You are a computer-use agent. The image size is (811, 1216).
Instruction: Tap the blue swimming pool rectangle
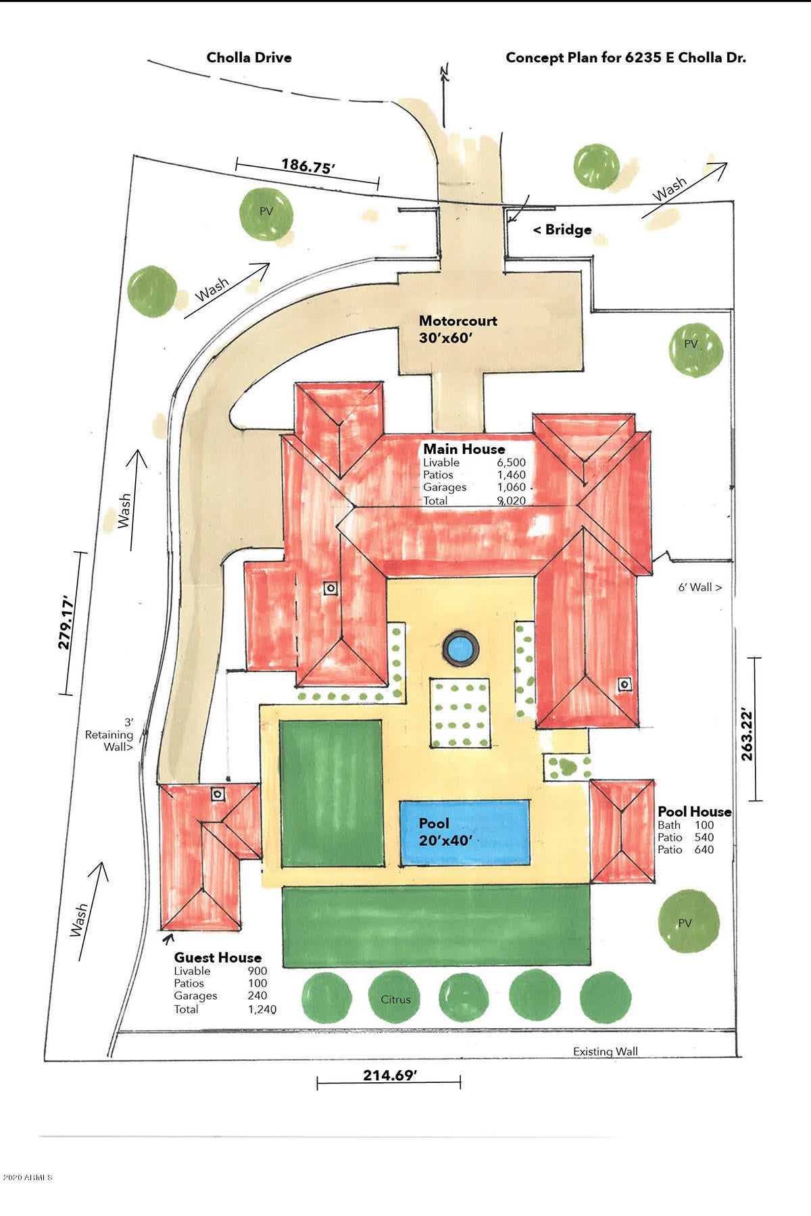coord(464,832)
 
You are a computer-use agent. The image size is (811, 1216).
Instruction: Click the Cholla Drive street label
coord(249,57)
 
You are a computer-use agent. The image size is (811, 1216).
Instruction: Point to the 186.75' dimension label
coord(308,166)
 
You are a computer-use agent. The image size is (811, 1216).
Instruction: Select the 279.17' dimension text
coord(65,622)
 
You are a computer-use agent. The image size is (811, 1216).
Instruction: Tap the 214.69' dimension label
coord(389,1075)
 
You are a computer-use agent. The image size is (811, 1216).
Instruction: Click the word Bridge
coord(568,230)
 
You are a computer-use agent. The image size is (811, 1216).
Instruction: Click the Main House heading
coord(464,449)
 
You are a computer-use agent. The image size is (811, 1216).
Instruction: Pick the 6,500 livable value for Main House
coord(511,463)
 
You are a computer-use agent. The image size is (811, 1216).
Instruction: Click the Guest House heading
coord(218,957)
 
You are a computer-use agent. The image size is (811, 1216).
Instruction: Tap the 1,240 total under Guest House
coord(262,1009)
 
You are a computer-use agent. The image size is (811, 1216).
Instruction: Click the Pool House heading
coord(695,811)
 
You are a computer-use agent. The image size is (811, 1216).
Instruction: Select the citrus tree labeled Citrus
coord(396,996)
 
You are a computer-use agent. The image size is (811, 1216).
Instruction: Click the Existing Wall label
coord(606,1051)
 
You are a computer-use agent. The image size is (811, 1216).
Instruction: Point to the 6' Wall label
coord(700,587)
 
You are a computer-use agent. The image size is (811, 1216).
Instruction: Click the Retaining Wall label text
coord(109,734)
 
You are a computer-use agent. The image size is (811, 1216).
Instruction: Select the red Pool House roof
coord(622,832)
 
